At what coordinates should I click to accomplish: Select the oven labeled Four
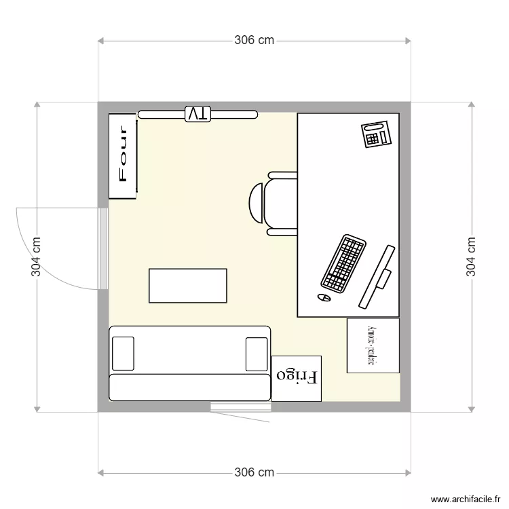(x=124, y=156)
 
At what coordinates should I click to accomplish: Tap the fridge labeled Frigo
(x=297, y=377)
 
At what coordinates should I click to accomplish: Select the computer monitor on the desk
(x=377, y=276)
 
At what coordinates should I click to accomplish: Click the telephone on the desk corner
(x=377, y=134)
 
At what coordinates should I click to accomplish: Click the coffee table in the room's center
(x=188, y=286)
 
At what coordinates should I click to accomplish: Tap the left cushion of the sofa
(x=123, y=354)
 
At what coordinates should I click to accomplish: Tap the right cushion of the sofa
(x=257, y=354)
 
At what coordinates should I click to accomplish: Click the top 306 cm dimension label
(x=254, y=40)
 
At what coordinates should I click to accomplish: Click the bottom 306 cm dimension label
(x=254, y=472)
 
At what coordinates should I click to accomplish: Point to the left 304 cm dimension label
(x=37, y=257)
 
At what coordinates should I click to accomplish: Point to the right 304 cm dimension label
(x=471, y=257)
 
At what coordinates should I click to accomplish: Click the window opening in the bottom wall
(x=240, y=407)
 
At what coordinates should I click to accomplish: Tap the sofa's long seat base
(x=190, y=387)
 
